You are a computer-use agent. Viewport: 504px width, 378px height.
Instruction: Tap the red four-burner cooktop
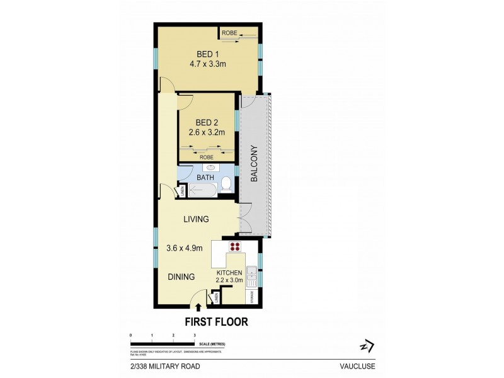[236, 247]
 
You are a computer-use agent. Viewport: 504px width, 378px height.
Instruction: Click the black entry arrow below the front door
[199, 307]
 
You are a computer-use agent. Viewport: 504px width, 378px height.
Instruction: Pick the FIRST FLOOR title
[215, 321]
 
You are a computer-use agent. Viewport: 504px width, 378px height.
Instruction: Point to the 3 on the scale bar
[195, 336]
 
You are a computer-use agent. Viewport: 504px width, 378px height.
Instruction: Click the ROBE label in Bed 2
[207, 156]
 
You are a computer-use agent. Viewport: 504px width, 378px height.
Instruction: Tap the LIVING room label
[196, 219]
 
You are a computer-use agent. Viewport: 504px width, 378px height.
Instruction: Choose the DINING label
[181, 277]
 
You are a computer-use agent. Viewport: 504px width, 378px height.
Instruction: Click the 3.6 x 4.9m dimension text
[185, 248]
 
